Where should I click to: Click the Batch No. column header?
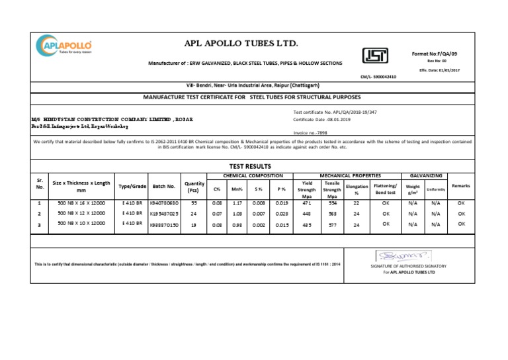[x=163, y=187]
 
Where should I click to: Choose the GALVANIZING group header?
[x=427, y=175]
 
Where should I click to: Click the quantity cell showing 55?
[x=194, y=204]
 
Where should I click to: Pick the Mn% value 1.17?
[x=237, y=204]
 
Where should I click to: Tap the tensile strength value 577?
[x=332, y=224]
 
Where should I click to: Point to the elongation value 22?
[x=356, y=204]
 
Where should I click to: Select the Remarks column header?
[x=460, y=186]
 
